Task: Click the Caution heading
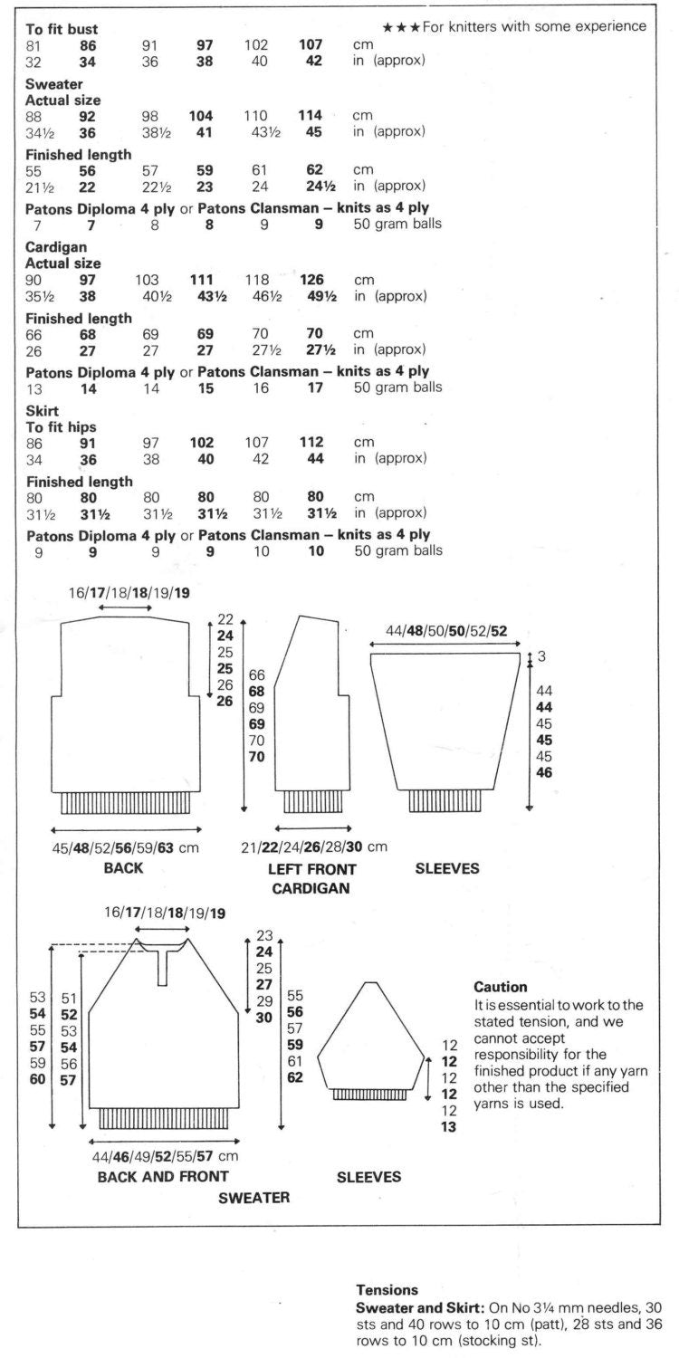501,986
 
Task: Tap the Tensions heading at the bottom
387,1289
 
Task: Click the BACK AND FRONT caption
163,1176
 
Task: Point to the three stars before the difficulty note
400,27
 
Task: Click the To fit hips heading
62,426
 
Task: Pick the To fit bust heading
62,29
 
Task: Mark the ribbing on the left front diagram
312,801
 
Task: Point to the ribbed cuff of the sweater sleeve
368,1095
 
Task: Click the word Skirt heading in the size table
42,411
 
